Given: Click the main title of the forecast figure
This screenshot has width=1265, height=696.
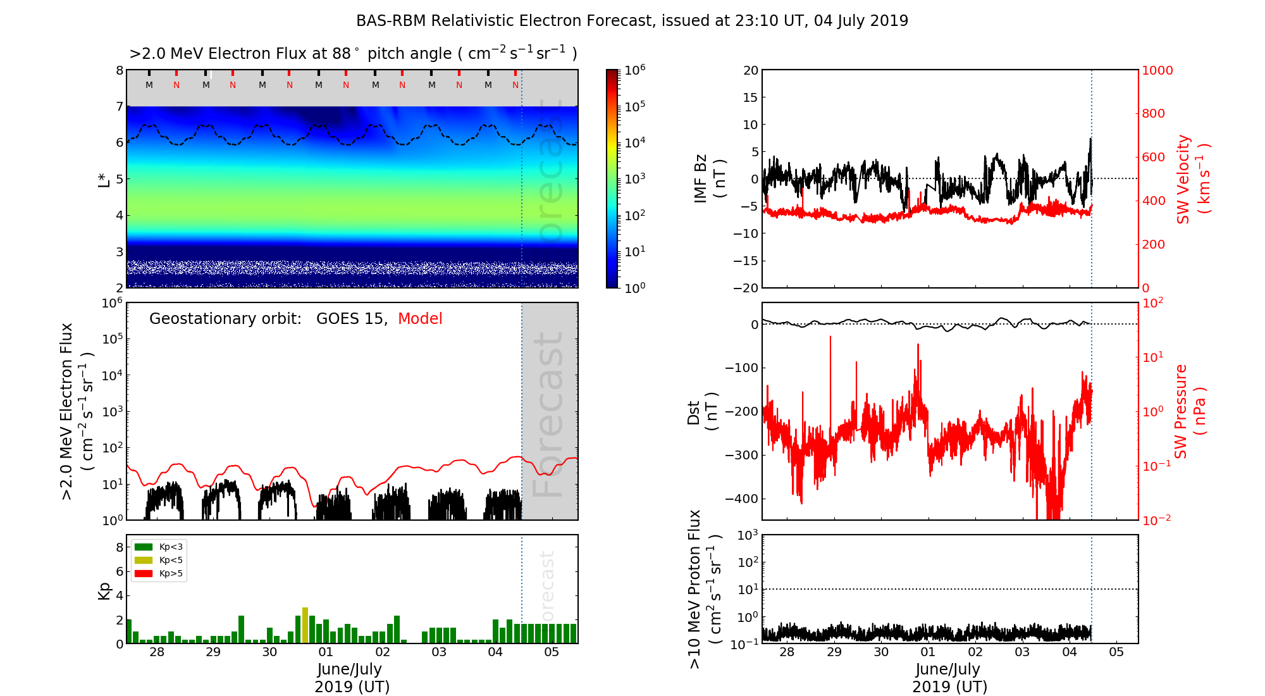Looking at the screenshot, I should [x=632, y=21].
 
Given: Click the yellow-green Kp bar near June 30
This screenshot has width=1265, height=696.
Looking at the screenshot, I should [x=305, y=625].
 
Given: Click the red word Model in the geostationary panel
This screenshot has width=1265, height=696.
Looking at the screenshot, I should [x=420, y=319].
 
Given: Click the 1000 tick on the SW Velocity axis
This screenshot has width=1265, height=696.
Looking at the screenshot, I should [x=1157, y=70].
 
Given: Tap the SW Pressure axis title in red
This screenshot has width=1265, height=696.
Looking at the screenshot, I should [x=1190, y=411].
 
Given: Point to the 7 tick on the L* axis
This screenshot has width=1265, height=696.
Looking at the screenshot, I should [x=119, y=106].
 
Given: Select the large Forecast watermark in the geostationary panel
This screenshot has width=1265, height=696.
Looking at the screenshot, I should [x=548, y=414].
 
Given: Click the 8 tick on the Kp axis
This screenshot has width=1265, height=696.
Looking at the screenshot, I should [x=119, y=547].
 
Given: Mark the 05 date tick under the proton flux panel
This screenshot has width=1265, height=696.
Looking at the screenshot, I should [x=1116, y=652].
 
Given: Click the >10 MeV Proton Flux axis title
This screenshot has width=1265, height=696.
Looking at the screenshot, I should [x=705, y=588].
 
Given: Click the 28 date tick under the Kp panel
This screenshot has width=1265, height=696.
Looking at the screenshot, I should [x=157, y=652].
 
